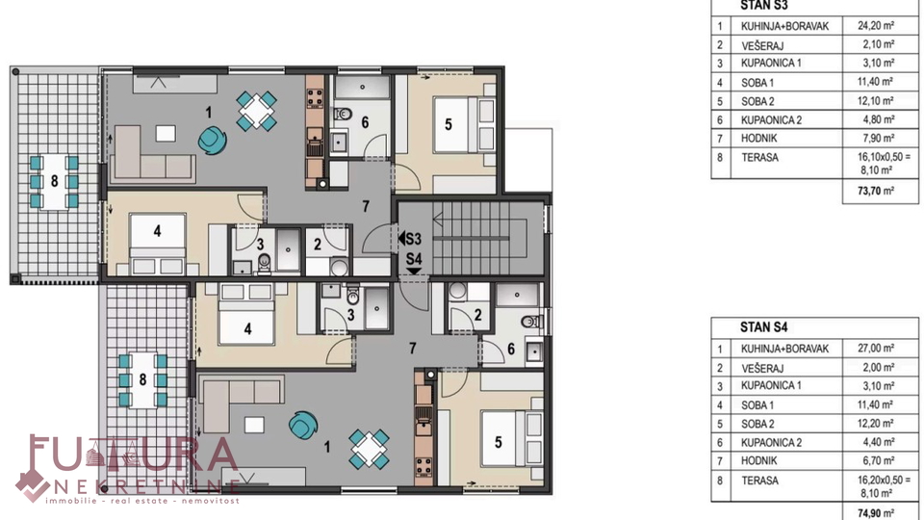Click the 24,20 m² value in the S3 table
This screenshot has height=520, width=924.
point(876,25)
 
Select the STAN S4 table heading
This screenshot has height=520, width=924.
point(763,327)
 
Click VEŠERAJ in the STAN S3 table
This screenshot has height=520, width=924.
point(762,45)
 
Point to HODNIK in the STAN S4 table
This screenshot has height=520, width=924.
point(759,460)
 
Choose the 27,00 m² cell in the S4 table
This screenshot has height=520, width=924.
point(876,348)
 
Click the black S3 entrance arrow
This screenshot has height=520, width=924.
point(401,238)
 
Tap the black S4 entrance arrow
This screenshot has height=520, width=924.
point(414,271)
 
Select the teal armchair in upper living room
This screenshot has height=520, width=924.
point(212,140)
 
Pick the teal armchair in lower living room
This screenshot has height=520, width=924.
point(303,424)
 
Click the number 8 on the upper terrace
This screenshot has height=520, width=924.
point(54,181)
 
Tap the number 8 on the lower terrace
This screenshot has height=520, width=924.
point(142,379)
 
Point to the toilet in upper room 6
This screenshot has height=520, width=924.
point(343,114)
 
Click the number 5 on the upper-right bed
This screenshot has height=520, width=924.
point(449,124)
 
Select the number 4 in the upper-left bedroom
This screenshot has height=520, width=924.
point(157,231)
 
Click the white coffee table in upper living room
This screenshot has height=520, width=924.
point(166,133)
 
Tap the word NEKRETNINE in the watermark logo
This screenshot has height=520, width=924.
point(146,485)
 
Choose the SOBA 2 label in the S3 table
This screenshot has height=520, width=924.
point(757,101)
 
